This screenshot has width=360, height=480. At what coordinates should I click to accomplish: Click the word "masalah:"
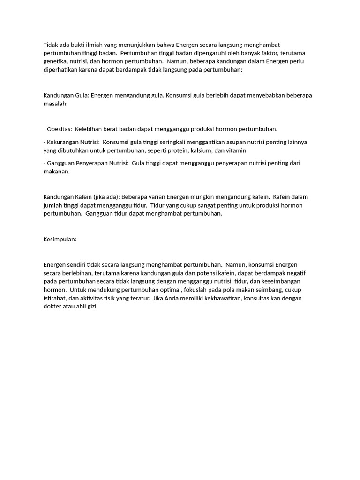pyautogui.click(x=55, y=104)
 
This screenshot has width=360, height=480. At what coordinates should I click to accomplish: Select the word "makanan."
pyautogui.click(x=56, y=172)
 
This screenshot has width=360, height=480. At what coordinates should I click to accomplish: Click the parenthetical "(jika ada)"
pyautogui.click(x=105, y=197)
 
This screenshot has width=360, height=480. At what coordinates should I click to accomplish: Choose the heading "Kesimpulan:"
pyautogui.click(x=60, y=239)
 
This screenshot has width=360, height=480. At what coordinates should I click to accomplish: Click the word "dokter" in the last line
pyautogui.click(x=52, y=307)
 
